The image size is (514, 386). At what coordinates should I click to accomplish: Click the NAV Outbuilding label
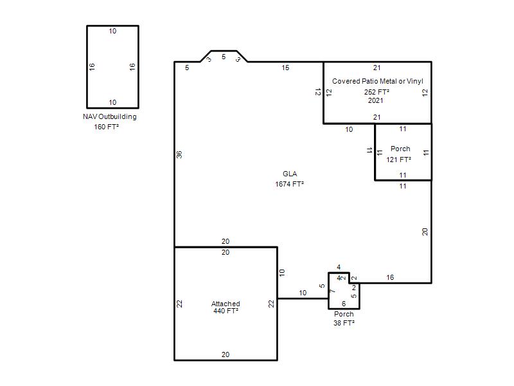[109, 117]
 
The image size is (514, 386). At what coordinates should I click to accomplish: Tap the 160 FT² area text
[106, 127]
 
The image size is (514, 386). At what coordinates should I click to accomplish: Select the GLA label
[290, 174]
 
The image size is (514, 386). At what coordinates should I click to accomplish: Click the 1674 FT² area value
[290, 184]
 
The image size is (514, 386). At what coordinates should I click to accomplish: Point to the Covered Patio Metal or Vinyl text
[378, 81]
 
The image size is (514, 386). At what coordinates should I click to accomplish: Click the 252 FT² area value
[377, 92]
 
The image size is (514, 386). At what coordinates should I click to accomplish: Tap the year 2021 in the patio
[376, 100]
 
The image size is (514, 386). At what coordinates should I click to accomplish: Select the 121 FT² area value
[398, 160]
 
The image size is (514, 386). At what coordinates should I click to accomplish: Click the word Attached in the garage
[226, 304]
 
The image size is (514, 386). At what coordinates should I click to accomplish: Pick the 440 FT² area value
[226, 311]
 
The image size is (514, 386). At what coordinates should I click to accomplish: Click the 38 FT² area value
[344, 323]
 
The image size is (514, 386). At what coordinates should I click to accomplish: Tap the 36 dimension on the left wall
[179, 154]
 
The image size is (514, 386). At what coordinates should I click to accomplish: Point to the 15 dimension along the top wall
[285, 68]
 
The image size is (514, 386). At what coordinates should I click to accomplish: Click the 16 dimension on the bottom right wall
[390, 277]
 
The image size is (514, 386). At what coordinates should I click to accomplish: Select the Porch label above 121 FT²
[400, 149]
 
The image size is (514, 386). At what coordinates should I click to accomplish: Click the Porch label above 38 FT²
[344, 314]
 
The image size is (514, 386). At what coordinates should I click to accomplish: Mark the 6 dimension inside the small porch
[344, 304]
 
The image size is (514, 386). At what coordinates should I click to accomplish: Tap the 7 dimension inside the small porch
[332, 291]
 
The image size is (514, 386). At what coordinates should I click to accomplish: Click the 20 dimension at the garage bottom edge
[226, 354]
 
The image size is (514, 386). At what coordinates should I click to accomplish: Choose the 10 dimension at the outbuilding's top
[112, 31]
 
